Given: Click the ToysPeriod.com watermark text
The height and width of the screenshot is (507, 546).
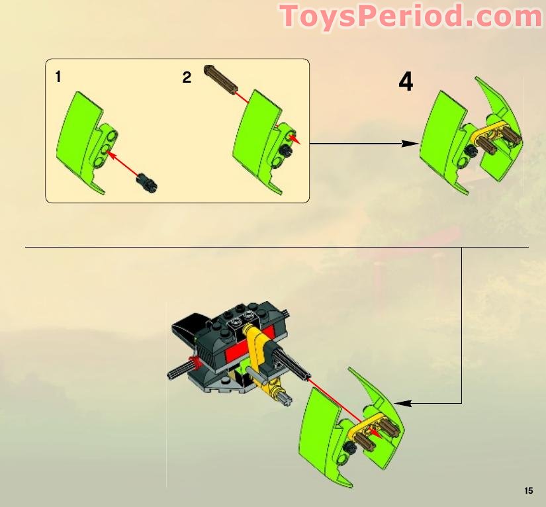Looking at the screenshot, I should pyautogui.click(x=410, y=16).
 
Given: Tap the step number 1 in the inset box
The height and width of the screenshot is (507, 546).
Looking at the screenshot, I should pyautogui.click(x=58, y=77).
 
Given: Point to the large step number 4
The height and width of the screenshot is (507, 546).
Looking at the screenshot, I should pyautogui.click(x=406, y=82).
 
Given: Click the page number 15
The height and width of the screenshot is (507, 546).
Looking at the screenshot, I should pyautogui.click(x=527, y=490).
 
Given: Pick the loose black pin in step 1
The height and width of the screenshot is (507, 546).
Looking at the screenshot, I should pyautogui.click(x=146, y=181).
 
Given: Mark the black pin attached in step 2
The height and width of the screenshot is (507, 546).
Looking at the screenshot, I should pyautogui.click(x=286, y=151).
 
